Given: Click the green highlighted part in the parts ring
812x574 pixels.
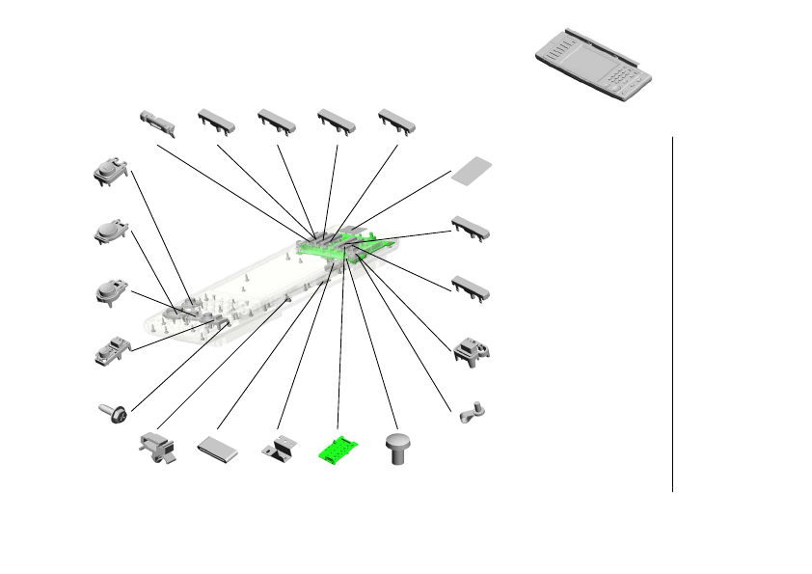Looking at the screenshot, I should [x=338, y=451].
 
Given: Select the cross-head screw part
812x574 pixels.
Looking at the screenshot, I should [x=113, y=413].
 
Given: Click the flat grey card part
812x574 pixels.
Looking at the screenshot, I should [x=474, y=170].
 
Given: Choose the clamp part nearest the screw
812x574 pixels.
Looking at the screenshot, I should [x=157, y=449].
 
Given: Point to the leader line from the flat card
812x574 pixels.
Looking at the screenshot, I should [x=405, y=205].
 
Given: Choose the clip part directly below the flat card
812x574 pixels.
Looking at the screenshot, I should [x=471, y=227].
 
